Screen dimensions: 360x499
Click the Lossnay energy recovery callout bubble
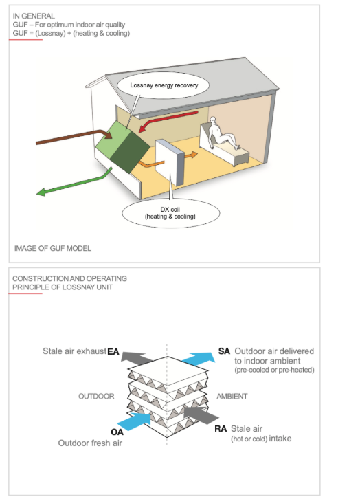163,85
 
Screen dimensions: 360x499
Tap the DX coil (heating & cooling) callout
171,213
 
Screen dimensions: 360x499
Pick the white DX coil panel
169,162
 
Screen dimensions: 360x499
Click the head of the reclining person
213,120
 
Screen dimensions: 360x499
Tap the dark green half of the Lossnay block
130,152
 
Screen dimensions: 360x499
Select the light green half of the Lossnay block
113,141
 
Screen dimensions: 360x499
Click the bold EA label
113,352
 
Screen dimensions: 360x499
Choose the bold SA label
224,351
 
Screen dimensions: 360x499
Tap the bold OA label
117,432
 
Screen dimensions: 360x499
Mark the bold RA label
221,429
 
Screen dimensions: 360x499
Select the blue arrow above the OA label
134,421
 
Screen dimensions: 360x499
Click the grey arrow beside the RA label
201,414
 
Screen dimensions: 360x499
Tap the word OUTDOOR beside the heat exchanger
96,396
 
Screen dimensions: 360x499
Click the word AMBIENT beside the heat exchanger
232,396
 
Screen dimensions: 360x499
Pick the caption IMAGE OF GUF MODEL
53,248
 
